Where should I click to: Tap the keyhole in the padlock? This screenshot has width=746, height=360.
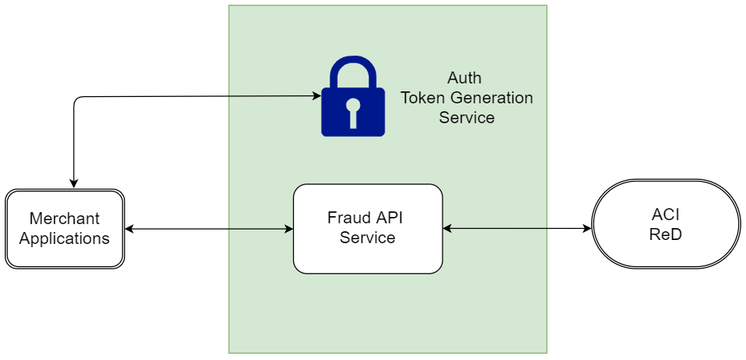[353, 112]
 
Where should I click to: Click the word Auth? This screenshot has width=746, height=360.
[464, 78]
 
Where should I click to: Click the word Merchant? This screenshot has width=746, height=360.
[64, 219]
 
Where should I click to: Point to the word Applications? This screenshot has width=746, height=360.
[64, 238]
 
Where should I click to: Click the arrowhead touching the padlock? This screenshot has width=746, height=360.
[316, 96]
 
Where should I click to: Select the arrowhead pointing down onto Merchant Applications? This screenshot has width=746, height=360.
[73, 184]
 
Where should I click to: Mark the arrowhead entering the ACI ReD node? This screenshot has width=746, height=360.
[587, 229]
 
